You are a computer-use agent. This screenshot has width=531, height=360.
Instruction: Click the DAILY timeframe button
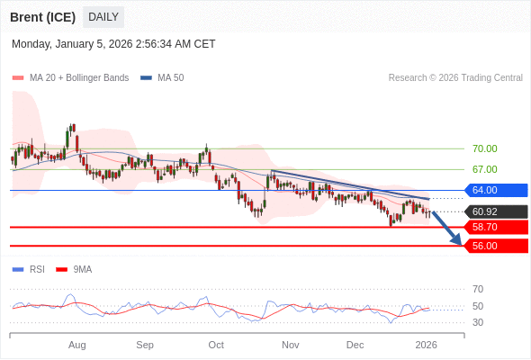103,17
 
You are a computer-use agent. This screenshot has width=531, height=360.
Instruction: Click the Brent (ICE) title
41,17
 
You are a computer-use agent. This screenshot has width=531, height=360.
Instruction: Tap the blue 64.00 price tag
496,190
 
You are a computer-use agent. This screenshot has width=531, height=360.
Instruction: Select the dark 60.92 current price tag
496,211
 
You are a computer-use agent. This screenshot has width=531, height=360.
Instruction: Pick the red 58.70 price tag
496,227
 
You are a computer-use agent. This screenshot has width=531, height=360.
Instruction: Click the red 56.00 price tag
496,245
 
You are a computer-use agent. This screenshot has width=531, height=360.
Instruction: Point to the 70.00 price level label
484,148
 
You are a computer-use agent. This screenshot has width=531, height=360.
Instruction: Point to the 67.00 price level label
484,169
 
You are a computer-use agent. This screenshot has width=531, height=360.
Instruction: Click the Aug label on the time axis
77,345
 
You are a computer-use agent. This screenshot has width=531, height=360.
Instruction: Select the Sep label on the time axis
145,345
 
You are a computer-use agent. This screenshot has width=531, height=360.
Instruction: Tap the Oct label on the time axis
216,345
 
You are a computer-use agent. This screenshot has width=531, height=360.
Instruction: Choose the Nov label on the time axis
290,345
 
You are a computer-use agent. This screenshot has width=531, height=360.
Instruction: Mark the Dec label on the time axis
355,345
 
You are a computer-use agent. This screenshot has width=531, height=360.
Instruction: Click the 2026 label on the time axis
426,345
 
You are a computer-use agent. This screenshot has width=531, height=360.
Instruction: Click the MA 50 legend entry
163,78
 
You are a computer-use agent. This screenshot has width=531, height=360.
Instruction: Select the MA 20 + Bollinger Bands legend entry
71,78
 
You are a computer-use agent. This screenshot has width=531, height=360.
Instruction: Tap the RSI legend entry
30,269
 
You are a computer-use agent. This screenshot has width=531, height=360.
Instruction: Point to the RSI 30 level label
478,322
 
